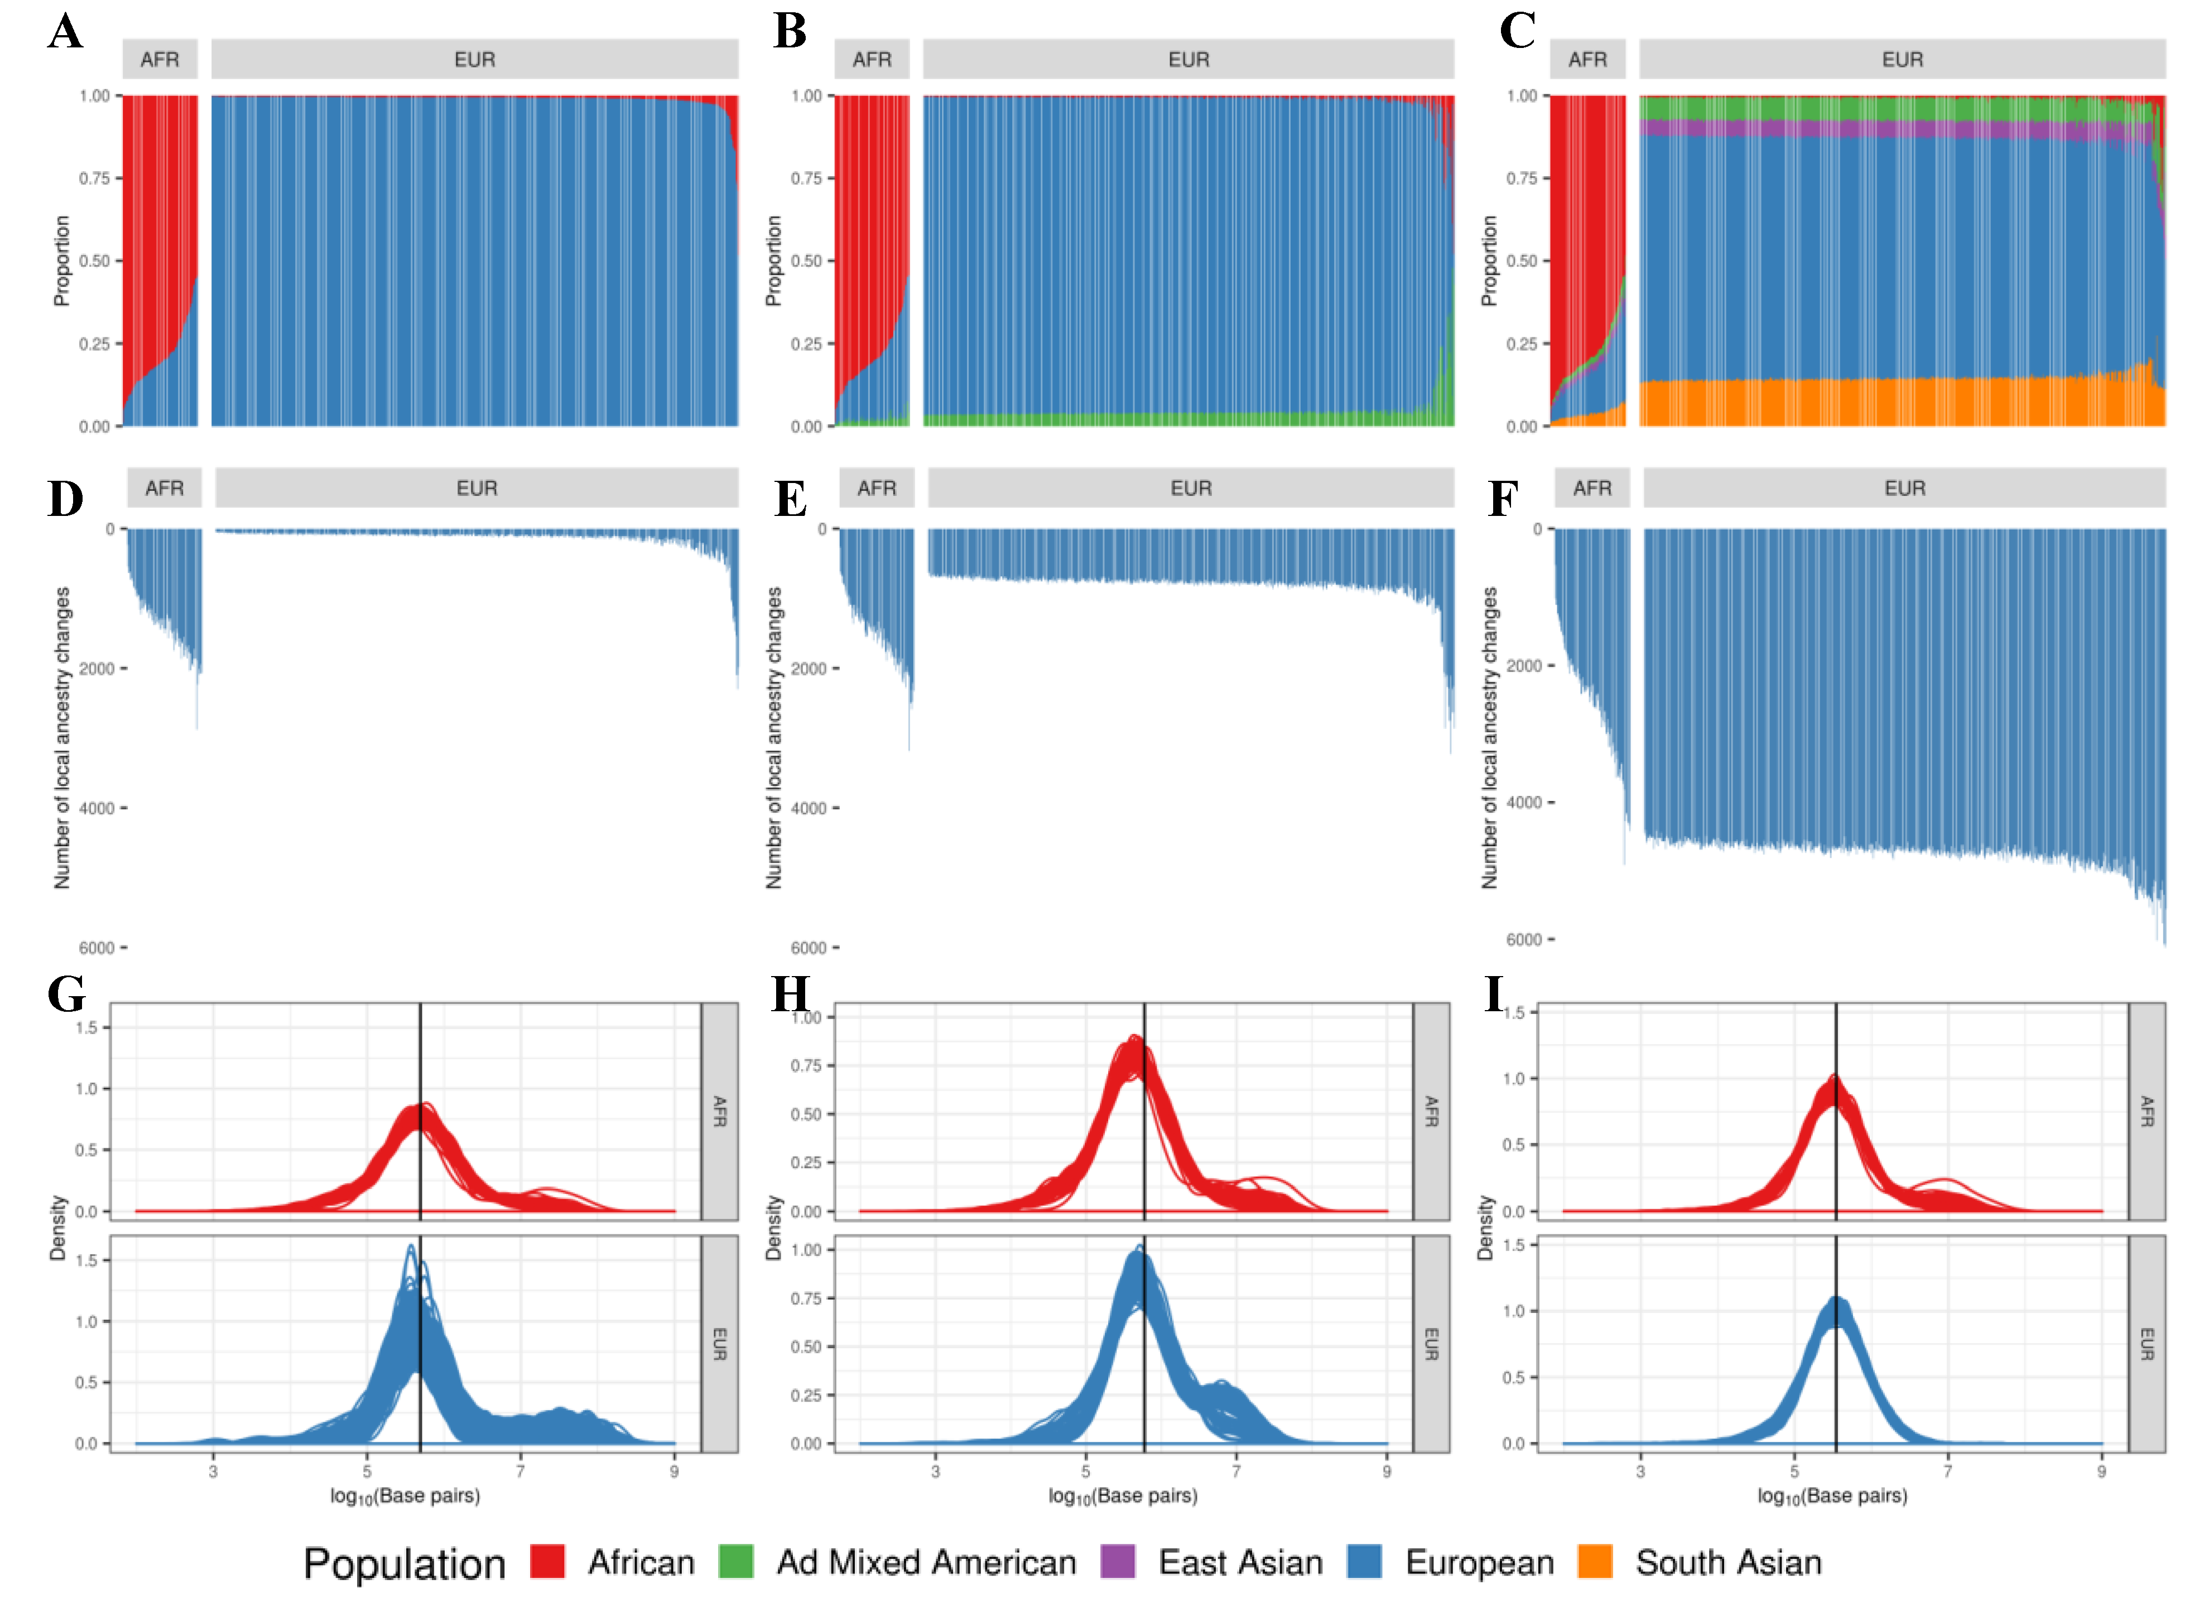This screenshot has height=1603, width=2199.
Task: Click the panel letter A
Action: click(65, 31)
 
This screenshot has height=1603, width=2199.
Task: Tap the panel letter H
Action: click(790, 994)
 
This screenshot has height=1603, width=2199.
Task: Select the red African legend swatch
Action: click(547, 1562)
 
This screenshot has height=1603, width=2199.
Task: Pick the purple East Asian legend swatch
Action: click(1118, 1562)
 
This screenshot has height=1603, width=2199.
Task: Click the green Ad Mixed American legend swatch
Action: click(735, 1562)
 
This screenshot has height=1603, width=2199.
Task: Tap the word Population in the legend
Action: click(404, 1564)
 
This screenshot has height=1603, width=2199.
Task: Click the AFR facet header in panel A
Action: click(160, 59)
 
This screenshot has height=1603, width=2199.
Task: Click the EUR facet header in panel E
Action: click(1191, 488)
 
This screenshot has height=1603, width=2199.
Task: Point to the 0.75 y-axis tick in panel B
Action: click(806, 178)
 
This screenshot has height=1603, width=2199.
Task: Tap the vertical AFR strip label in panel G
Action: click(719, 1111)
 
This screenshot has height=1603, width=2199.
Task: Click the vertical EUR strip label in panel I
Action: click(2147, 1344)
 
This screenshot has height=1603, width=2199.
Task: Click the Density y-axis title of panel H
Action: click(773, 1228)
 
